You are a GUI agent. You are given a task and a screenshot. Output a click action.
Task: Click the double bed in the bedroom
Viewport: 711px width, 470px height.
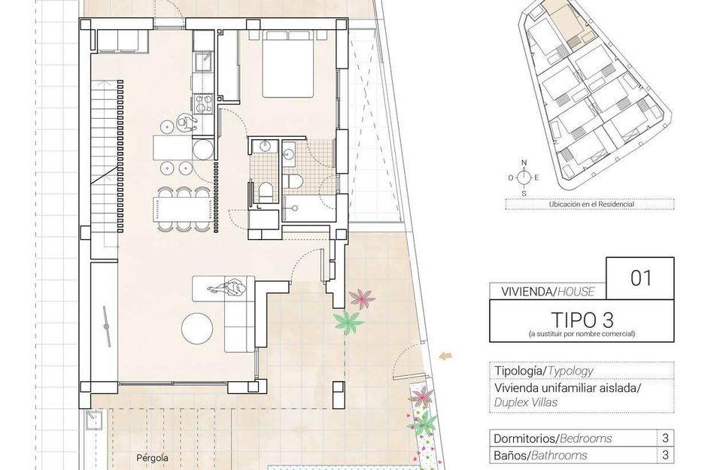[x=288, y=64]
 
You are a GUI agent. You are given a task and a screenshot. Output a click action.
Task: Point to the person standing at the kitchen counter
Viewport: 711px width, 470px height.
[x=186, y=123]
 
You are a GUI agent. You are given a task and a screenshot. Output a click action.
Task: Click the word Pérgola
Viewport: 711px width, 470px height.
[x=152, y=458]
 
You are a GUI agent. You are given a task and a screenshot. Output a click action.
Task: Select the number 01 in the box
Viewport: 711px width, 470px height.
[x=641, y=277]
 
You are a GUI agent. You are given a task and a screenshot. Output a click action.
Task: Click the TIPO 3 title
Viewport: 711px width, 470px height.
[x=582, y=320]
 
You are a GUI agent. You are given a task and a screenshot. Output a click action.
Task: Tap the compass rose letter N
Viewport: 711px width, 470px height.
[x=524, y=162]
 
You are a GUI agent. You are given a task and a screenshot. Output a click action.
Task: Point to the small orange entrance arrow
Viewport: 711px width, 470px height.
[x=445, y=356]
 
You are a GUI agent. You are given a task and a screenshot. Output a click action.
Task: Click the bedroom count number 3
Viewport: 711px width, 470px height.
[x=665, y=438]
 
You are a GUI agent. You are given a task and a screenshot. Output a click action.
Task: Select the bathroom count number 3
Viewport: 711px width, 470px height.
[x=665, y=455]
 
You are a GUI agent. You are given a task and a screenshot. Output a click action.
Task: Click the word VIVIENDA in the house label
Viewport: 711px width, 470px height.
[x=526, y=292]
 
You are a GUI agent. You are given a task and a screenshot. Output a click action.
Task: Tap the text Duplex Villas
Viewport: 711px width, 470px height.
[x=526, y=402]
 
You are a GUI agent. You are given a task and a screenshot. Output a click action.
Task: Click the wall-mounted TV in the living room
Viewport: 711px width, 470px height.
[x=107, y=326]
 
